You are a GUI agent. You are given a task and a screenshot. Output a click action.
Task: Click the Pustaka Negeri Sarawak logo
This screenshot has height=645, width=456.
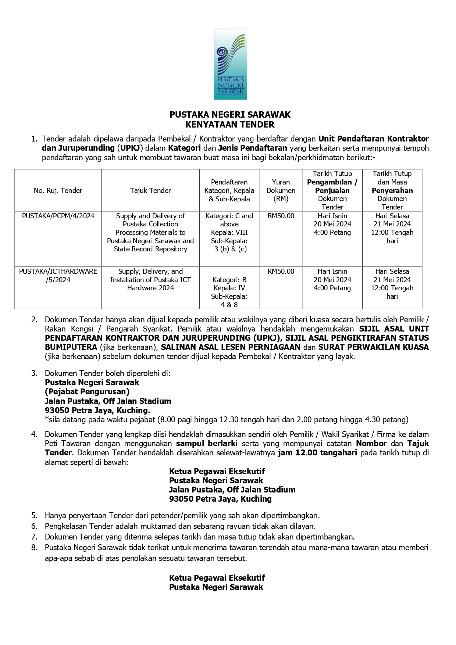coord(230,64)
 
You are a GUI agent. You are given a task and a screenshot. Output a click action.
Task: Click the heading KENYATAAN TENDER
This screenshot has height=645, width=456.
coord(230,125)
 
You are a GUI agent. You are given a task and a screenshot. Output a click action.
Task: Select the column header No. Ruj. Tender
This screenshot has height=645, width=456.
coord(58,190)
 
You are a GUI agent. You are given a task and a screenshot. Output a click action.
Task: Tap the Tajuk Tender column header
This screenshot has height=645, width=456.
coord(150,190)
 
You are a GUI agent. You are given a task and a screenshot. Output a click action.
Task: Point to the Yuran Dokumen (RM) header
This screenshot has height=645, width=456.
coord(281,190)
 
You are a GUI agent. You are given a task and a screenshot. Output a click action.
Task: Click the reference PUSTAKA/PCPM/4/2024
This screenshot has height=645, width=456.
coord(58,216)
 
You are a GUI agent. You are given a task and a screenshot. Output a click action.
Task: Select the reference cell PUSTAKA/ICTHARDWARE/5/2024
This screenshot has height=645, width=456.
coord(58,276)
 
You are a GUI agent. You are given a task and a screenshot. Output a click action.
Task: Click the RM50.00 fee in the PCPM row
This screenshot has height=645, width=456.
coord(281,216)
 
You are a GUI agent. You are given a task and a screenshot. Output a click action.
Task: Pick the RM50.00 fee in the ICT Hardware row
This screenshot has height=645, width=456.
coord(281,272)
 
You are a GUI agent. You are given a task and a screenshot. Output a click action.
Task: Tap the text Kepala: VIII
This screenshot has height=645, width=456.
coord(229,233)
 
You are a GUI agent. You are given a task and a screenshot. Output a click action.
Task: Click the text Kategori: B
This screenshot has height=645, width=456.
coord(229,280)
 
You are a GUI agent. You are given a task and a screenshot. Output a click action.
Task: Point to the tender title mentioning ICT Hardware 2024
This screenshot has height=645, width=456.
coord(150,280)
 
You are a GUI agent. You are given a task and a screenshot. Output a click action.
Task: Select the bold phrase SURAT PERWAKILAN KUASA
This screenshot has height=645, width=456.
coord(374,347)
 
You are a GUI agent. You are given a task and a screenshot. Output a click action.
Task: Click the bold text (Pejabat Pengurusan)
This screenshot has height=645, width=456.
coord(87,392)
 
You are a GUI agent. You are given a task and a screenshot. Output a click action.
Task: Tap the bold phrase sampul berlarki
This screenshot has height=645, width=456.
coord(207,444)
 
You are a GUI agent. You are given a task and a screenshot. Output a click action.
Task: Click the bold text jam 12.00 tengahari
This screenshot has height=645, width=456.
coord(318,453)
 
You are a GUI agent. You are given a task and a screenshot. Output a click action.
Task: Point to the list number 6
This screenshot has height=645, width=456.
coord(34,526)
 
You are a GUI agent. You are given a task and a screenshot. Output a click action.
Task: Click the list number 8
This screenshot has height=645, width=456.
coord(34,548)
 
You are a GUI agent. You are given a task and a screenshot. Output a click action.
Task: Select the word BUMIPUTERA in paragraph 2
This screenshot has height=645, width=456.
coord(71,347)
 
